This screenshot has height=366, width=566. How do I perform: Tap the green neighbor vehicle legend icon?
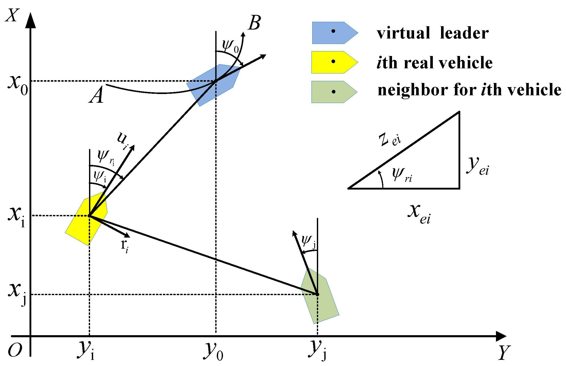[x=334, y=92]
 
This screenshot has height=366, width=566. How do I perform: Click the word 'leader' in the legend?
[x=464, y=33]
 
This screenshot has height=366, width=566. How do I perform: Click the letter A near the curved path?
[x=96, y=95]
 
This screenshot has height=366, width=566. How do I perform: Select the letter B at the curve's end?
[x=254, y=23]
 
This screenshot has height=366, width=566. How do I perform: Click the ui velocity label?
[x=123, y=140]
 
